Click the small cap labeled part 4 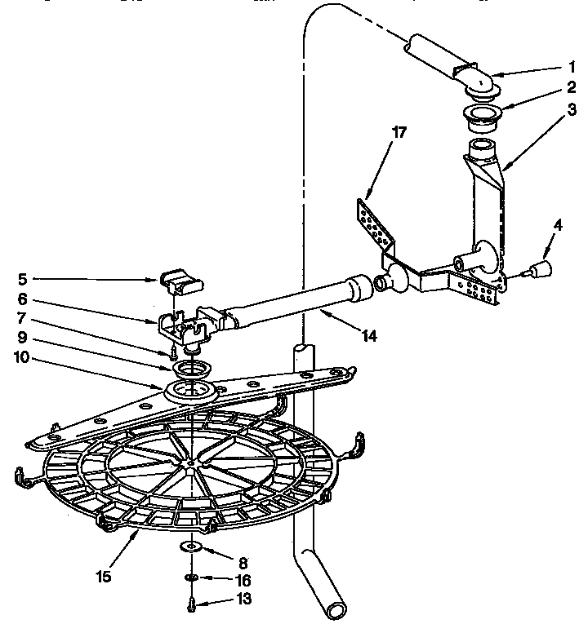[540, 269]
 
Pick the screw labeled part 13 [191, 604]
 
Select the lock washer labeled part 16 [190, 578]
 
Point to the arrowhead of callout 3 [504, 168]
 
